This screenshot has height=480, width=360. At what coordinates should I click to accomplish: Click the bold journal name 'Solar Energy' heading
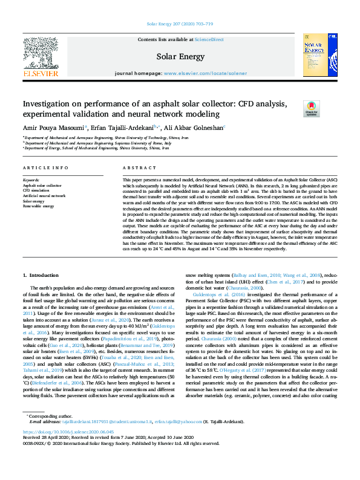pyautogui.click(x=180, y=56)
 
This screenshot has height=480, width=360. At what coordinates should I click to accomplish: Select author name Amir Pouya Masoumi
pyautogui.click(x=54, y=128)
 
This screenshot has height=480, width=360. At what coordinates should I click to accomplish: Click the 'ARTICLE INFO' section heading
pyautogui.click(x=45, y=167)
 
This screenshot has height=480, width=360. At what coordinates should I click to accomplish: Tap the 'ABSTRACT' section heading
pyautogui.click(x=135, y=167)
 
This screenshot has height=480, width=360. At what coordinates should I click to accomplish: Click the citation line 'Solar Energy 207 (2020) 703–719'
pyautogui.click(x=180, y=25)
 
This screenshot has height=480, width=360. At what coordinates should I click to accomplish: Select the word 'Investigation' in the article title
pyautogui.click(x=51, y=105)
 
